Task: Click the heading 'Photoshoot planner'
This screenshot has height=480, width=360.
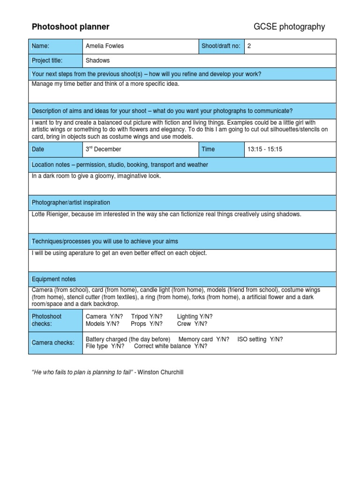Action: (x=70, y=27)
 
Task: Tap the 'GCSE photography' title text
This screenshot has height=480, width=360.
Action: (x=289, y=27)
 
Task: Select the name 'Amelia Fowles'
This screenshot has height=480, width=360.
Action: (x=105, y=46)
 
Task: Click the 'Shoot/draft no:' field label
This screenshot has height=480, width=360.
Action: (x=221, y=46)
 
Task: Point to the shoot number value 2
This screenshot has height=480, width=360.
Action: (x=249, y=46)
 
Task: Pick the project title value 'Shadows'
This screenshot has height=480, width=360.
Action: (x=97, y=60)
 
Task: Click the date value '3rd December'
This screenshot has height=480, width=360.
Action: (x=103, y=149)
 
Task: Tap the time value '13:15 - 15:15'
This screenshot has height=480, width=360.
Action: (x=265, y=150)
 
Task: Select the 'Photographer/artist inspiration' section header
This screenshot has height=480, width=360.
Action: (x=71, y=202)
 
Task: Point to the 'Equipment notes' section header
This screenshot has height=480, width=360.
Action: (x=53, y=279)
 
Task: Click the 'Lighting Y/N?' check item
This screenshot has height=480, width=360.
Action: (x=195, y=316)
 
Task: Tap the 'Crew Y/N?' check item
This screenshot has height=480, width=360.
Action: (x=192, y=323)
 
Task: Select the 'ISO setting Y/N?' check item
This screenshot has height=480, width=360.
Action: (x=260, y=339)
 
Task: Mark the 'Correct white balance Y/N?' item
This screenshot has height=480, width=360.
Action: (x=170, y=346)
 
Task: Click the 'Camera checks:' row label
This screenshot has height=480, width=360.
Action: (x=53, y=343)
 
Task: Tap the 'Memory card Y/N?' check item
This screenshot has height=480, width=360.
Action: (x=204, y=339)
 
